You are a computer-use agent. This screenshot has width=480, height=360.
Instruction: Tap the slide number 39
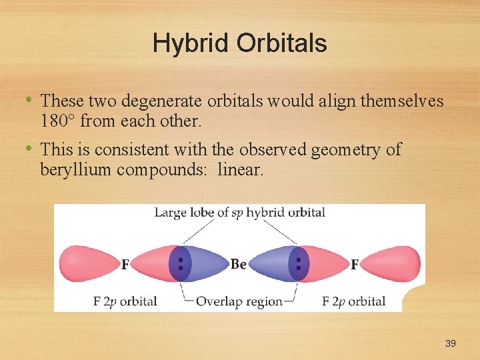[451, 343]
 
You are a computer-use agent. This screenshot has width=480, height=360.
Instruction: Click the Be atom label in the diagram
[238, 265]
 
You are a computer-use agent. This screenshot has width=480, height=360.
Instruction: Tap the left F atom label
[125, 265]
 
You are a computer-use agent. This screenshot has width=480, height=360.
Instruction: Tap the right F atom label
[354, 265]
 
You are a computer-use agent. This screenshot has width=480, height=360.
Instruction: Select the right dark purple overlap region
[298, 264]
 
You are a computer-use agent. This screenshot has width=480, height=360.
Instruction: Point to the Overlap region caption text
[239, 301]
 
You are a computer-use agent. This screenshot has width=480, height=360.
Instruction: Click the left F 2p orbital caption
[125, 301]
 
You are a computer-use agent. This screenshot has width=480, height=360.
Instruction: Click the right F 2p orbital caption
[353, 301]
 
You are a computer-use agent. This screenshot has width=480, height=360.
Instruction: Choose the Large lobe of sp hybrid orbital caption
[239, 213]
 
